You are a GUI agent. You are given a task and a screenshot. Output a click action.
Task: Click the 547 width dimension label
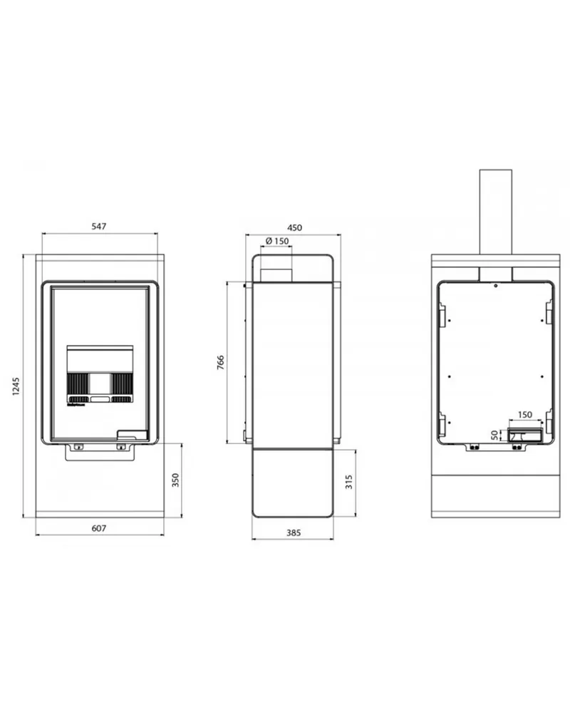[99, 226]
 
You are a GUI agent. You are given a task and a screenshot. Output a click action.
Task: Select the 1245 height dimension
[16, 386]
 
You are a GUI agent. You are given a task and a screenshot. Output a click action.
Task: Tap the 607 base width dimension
[99, 528]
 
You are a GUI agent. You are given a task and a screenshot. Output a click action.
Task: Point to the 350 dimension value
[175, 480]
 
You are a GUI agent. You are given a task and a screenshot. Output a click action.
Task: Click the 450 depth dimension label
[294, 227]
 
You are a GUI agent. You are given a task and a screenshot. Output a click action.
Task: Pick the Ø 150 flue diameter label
[277, 241]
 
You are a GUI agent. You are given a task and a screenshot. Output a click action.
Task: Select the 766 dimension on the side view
[221, 362]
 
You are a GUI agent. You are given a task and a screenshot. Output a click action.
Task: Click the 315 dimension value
[349, 482]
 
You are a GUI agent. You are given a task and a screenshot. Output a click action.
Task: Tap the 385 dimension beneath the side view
[294, 532]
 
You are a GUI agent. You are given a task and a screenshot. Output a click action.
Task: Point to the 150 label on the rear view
[524, 415]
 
